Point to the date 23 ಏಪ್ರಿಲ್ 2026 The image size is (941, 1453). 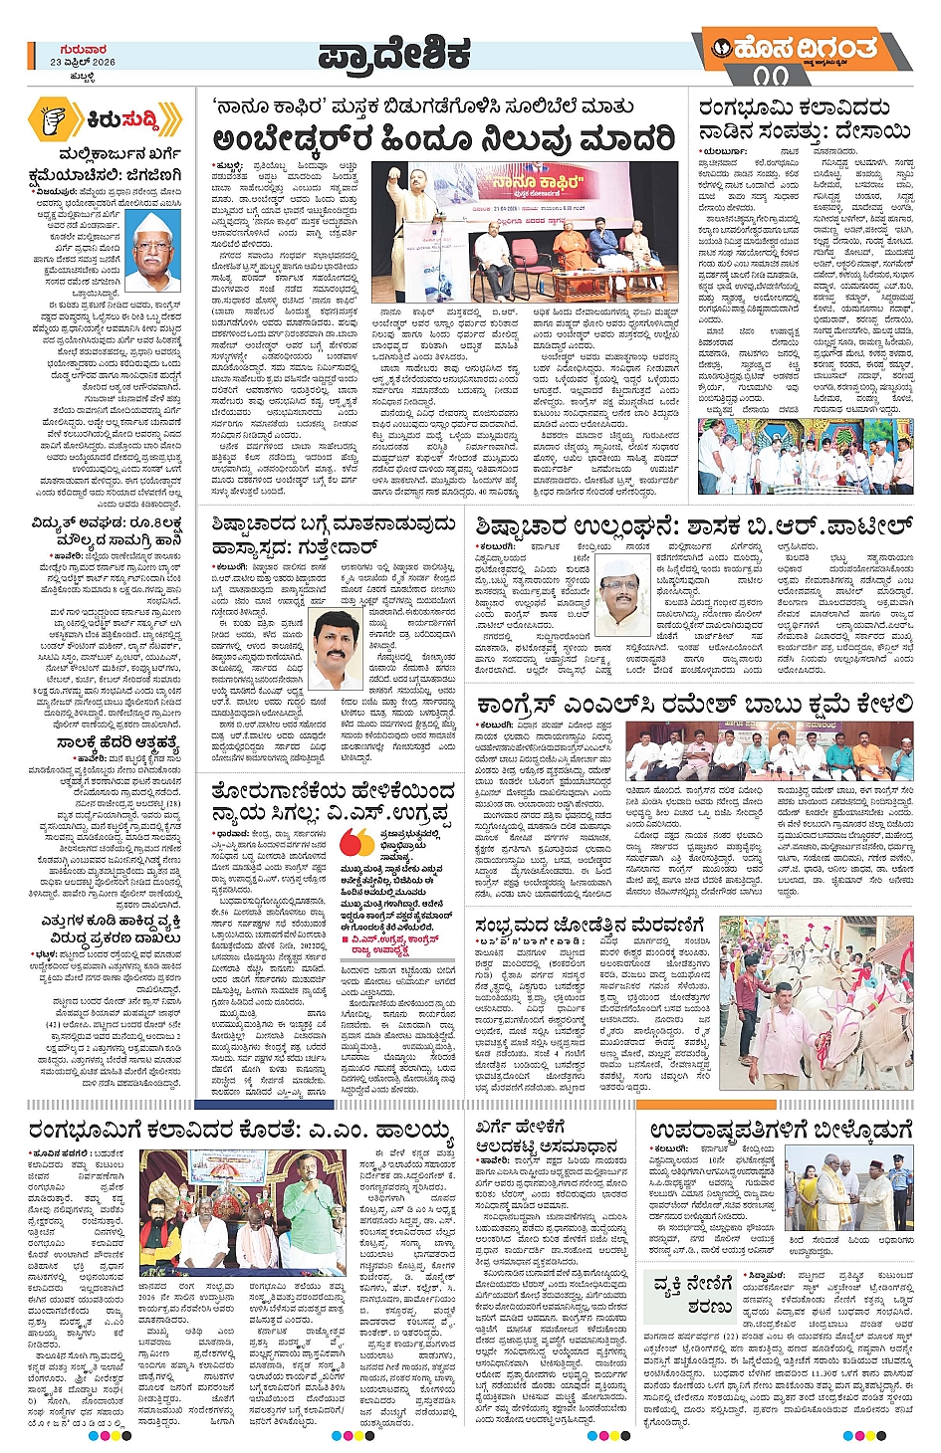click(x=83, y=62)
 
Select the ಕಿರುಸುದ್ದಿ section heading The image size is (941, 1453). click(x=122, y=119)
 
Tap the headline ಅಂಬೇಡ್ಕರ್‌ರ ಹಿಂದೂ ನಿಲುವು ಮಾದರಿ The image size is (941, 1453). click(x=443, y=138)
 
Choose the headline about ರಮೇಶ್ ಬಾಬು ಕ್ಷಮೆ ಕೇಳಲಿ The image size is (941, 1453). click(x=694, y=705)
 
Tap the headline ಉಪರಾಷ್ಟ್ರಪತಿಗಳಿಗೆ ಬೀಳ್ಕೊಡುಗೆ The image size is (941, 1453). click(x=781, y=1130)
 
